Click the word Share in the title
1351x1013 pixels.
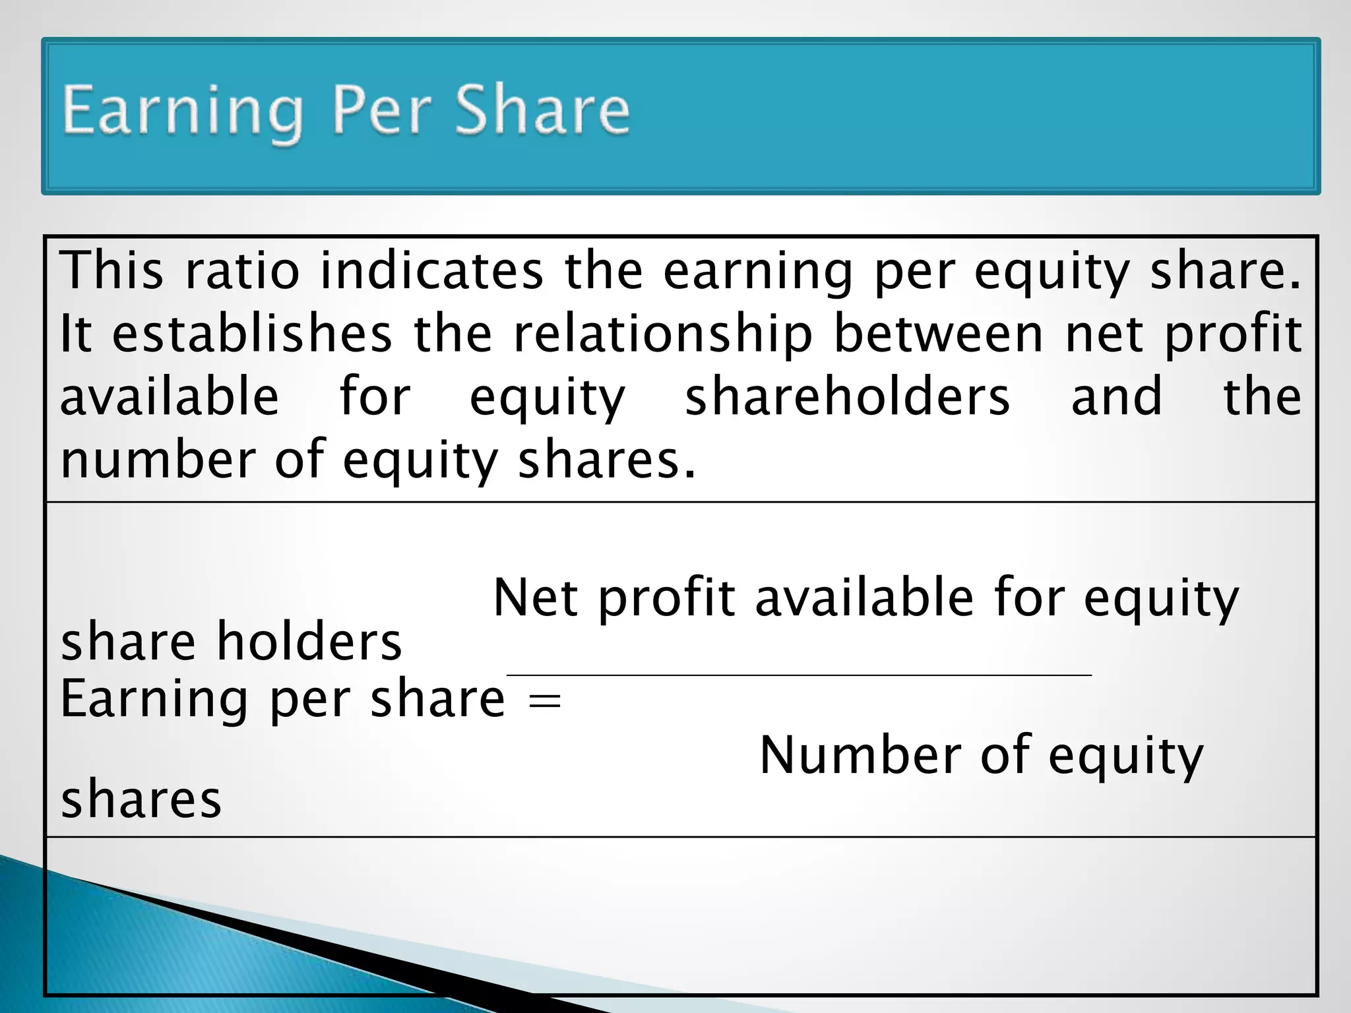pos(542,110)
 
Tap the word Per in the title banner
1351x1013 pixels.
pos(381,110)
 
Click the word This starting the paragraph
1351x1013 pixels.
pos(111,270)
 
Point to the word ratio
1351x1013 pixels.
pos(242,270)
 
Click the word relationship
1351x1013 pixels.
pos(663,334)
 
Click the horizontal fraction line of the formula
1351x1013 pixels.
pos(798,675)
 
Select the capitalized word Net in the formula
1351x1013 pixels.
pos(535,598)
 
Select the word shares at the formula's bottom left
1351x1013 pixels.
pos(141,799)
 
